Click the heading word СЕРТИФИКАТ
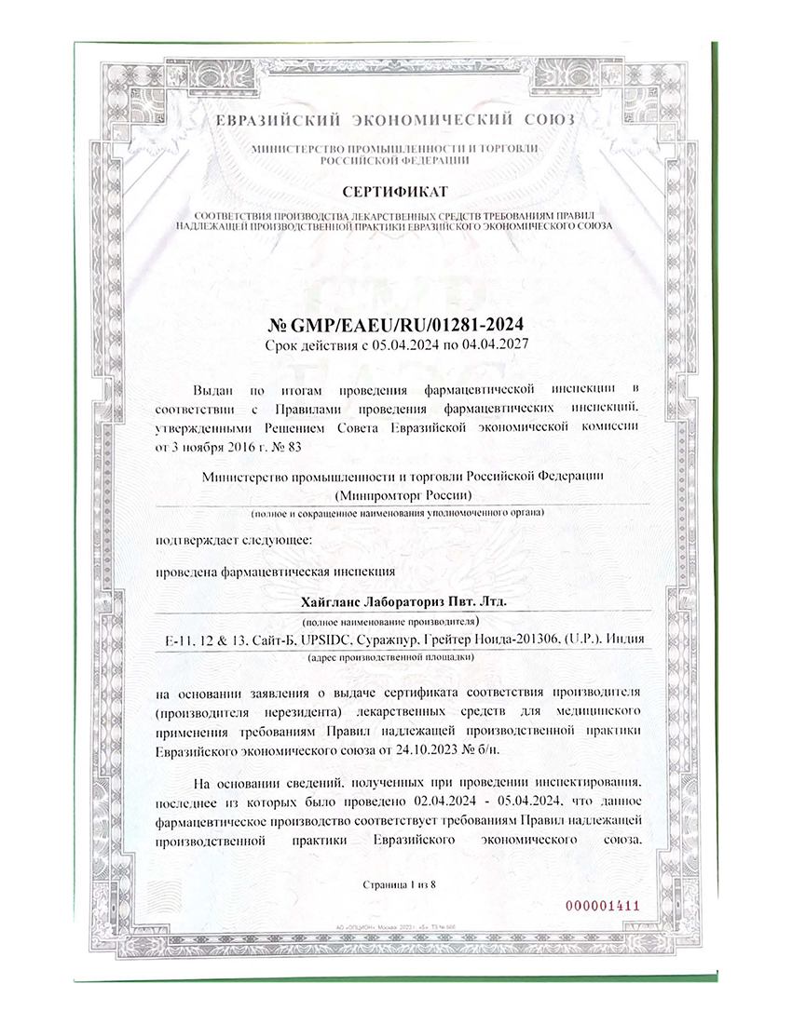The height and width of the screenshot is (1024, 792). click(394, 192)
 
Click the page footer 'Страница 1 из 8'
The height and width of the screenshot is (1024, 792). click(399, 883)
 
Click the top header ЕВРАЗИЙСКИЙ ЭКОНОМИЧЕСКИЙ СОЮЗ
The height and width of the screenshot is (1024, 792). click(395, 121)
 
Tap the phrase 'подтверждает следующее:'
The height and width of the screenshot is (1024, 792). click(221, 540)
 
